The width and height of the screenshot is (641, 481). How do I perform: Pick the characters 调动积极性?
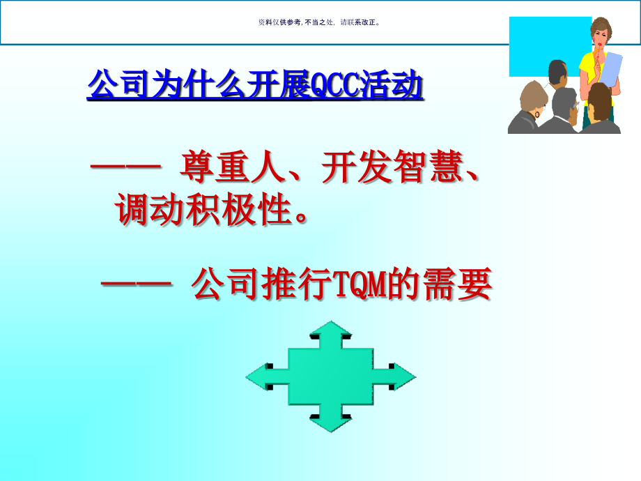[201, 210]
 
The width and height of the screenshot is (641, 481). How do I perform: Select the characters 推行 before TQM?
[289, 285]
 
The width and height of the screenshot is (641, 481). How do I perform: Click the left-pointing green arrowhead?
[258, 377]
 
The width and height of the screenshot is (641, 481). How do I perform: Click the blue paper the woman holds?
[610, 73]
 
